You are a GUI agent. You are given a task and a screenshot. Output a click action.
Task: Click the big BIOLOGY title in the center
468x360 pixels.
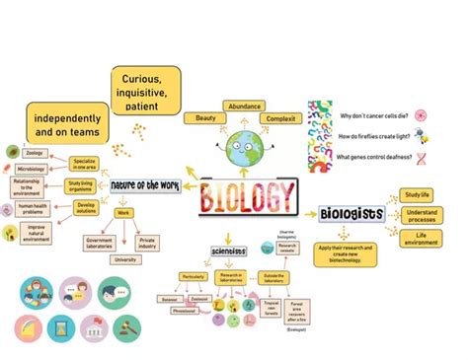point(247,196)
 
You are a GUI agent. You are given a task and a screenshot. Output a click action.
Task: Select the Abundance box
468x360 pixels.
point(244,106)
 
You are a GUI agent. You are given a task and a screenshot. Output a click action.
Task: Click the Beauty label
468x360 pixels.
point(205,118)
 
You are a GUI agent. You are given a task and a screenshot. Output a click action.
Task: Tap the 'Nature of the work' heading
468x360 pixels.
point(145,185)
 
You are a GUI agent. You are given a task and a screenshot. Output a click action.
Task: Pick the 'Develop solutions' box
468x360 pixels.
point(86,206)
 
